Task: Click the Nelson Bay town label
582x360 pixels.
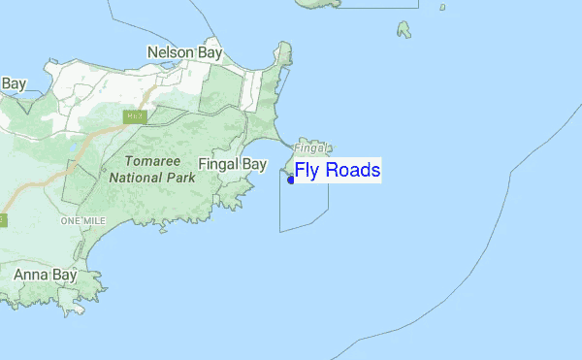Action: coord(184,51)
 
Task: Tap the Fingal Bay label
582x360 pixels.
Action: coord(232,165)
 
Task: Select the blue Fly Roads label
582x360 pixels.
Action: coord(338,171)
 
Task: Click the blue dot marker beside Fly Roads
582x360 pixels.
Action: coord(291,179)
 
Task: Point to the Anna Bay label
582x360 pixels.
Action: coord(45,276)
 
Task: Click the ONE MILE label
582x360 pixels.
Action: coord(81,221)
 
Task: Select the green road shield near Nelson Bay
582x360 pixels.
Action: coord(134,116)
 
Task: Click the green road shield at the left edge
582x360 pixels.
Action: coord(3,220)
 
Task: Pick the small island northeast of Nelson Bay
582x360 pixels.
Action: coord(404,29)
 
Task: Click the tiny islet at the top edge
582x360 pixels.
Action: coord(442,7)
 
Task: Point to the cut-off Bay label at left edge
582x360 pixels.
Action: coord(13,83)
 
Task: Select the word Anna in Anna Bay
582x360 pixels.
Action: coord(31,276)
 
